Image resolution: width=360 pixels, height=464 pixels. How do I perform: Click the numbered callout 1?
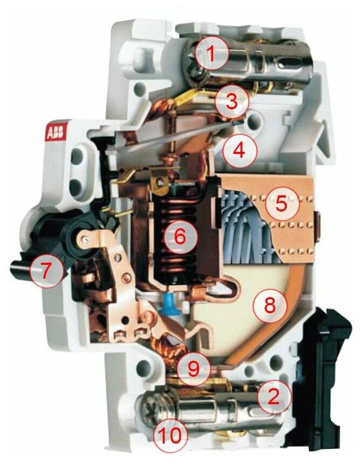(x=211, y=53)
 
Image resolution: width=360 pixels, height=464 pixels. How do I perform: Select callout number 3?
(x=231, y=100)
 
